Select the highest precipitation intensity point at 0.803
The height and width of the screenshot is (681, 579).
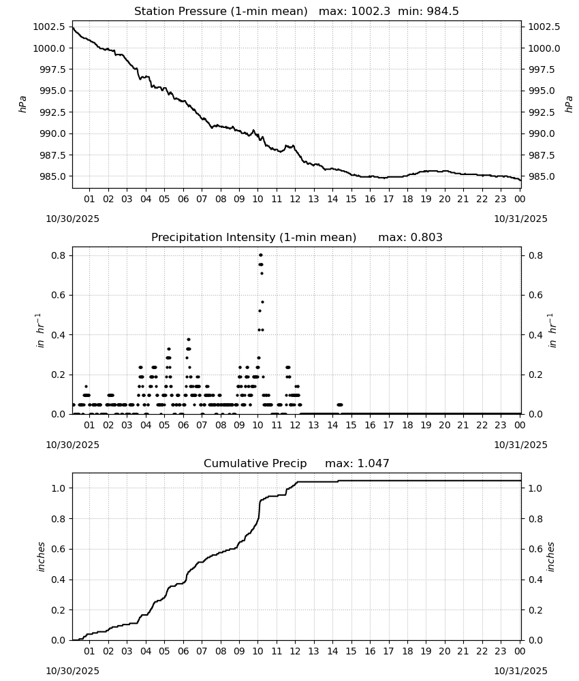coord(261,255)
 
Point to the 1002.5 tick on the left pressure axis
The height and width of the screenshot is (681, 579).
coord(50,27)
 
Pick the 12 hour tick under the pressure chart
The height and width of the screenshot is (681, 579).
coord(295,199)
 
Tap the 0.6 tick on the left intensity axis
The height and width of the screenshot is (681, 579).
coord(58,296)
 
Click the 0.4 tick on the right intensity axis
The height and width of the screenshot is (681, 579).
coord(535,335)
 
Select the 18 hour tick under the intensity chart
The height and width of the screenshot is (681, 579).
coord(407,425)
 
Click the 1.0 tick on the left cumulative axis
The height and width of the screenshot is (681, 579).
coord(58,488)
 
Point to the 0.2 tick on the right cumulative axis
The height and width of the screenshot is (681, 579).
coord(535,610)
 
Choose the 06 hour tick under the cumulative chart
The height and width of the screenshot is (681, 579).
coord(183,651)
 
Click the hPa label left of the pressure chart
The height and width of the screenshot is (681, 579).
coord(22,105)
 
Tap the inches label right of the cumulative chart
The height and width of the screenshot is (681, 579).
coord(551,557)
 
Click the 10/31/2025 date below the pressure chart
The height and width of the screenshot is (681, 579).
coord(521,219)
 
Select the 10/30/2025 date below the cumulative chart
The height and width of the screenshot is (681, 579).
coord(72,671)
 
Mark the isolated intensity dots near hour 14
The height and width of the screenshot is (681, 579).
coord(340,405)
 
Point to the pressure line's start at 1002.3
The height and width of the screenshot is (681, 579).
coord(72,28)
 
